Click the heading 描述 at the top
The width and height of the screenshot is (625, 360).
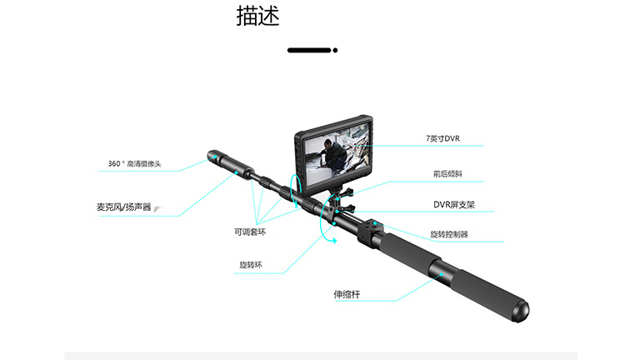(x=257, y=17)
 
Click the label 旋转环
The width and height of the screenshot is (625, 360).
(x=251, y=266)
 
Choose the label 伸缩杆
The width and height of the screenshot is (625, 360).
(x=347, y=294)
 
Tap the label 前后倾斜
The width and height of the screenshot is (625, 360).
(x=447, y=174)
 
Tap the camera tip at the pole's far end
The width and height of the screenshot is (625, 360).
(x=212, y=156)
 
